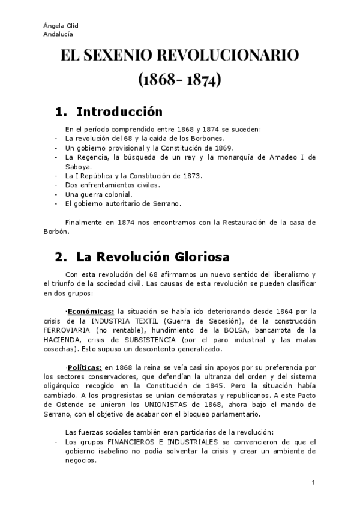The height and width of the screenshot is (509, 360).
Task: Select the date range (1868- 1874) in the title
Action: click(x=179, y=80)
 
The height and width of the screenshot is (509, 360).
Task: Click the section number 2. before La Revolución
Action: click(x=61, y=258)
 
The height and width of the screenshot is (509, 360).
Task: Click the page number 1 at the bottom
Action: click(x=313, y=483)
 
